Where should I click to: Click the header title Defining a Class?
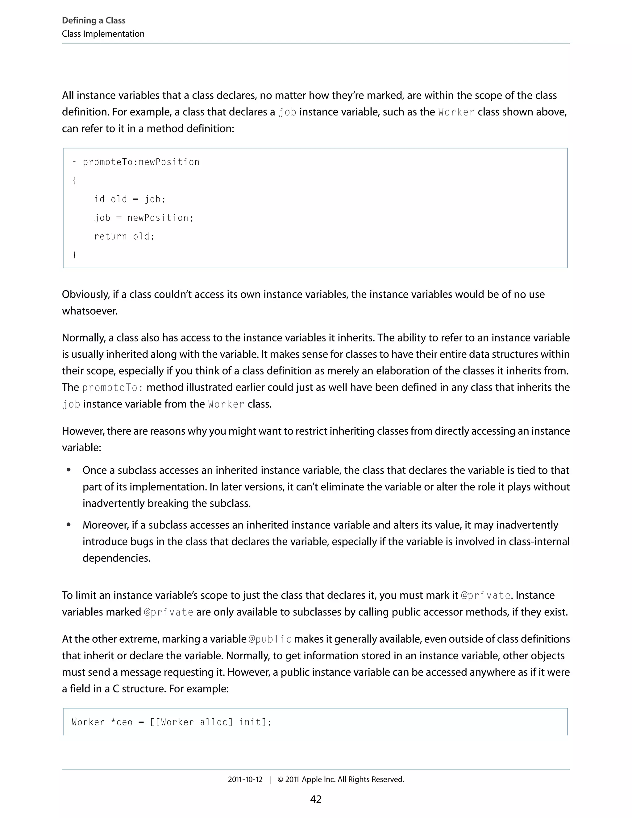pyautogui.click(x=94, y=21)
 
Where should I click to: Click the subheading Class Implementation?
pyautogui.click(x=103, y=34)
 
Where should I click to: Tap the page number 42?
pyautogui.click(x=316, y=799)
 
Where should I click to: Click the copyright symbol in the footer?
pyautogui.click(x=280, y=779)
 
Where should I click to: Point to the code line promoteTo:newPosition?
pyautogui.click(x=141, y=162)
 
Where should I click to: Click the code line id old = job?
pyautogui.click(x=130, y=199)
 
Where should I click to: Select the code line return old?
pyautogui.click(x=124, y=236)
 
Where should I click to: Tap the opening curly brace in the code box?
pyautogui.click(x=74, y=181)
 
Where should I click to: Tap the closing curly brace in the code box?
pyautogui.click(x=74, y=255)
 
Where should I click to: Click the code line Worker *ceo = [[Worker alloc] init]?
pyautogui.click(x=172, y=722)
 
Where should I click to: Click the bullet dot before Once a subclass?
pyautogui.click(x=69, y=470)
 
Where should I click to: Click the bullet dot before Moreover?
pyautogui.click(x=69, y=525)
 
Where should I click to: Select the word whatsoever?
pyautogui.click(x=89, y=311)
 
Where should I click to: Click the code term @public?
pyautogui.click(x=270, y=639)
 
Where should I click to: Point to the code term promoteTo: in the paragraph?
pyautogui.click(x=112, y=388)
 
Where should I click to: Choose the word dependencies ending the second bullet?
pyautogui.click(x=116, y=558)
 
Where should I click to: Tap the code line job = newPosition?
pyautogui.click(x=143, y=218)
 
